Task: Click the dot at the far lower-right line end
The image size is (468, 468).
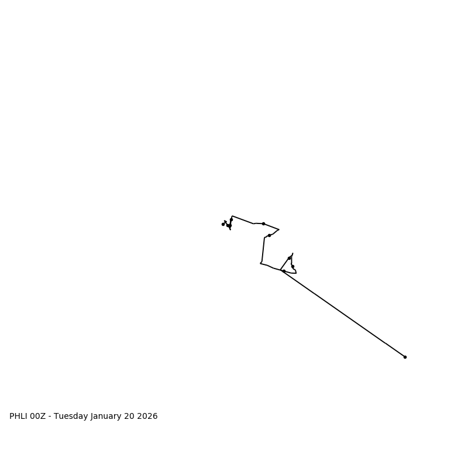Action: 405,357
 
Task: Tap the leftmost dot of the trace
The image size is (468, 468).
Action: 223,224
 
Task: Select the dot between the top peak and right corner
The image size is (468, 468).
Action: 263,223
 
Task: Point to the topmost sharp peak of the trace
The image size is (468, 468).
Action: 232,216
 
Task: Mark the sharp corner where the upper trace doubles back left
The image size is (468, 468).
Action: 278,229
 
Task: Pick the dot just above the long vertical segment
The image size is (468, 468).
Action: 269,235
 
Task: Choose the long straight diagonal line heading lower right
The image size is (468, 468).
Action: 345,315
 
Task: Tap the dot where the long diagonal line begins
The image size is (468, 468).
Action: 284,271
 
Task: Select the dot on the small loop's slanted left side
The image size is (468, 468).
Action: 289,258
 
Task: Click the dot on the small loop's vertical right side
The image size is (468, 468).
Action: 292,266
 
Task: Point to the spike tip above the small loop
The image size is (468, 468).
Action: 292,253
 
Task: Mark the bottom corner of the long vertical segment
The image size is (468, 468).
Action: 260,263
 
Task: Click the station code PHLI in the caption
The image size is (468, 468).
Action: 18,417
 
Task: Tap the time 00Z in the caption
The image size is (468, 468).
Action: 37,417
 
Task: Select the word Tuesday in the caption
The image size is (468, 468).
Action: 71,417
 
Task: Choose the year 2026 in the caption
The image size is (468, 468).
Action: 148,417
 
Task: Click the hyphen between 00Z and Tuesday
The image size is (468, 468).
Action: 50,417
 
